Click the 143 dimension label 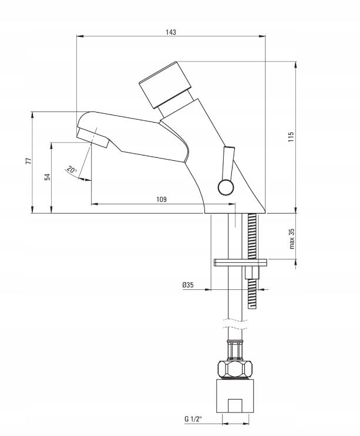tap(171, 32)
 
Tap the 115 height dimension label tap(291, 137)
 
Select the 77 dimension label tap(29, 161)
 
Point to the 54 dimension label tap(48, 177)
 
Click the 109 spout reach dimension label tap(162, 199)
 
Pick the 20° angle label tap(72, 170)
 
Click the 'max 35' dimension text tap(291, 239)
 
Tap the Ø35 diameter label tap(188, 285)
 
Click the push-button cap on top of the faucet tap(165, 85)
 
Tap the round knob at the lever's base tap(226, 187)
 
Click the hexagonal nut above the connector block tap(235, 369)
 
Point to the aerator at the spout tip tap(93, 138)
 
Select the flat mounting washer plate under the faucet tap(240, 262)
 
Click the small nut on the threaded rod tap(252, 272)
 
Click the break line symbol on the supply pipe tap(235, 324)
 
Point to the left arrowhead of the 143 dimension tap(80, 36)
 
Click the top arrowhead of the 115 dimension tap(296, 65)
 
